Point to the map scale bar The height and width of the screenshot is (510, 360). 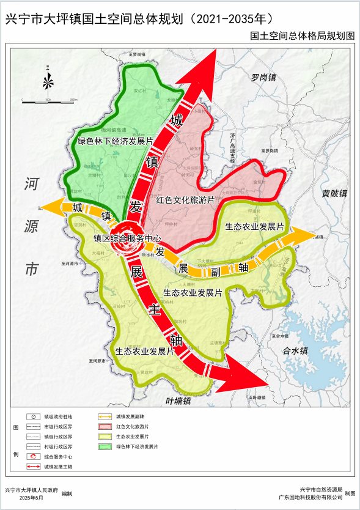[48, 98]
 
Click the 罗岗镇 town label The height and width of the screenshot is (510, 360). [263, 78]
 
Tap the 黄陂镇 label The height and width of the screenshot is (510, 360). [334, 193]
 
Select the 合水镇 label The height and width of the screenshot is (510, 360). [297, 351]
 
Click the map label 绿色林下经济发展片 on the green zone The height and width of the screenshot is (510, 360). [115, 141]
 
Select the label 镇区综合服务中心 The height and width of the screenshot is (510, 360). [127, 238]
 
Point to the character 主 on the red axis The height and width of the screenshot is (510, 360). [156, 310]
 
